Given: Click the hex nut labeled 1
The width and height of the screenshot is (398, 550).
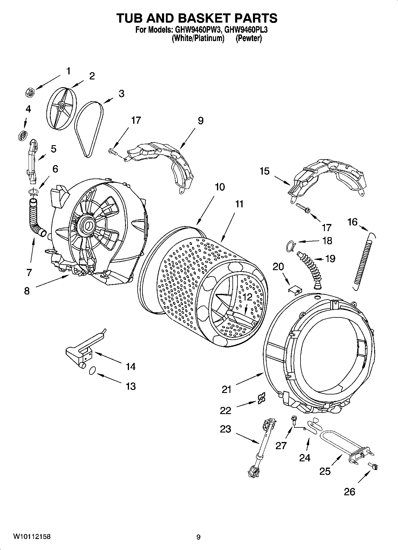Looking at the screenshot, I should coord(30,93).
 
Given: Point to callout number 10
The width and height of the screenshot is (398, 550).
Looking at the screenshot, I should coord(220,187).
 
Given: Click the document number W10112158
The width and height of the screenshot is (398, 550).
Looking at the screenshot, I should coord(32,537).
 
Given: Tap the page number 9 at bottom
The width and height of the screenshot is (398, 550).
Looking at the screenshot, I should coord(199,537).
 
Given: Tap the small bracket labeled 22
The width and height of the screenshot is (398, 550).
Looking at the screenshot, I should coord(261,398).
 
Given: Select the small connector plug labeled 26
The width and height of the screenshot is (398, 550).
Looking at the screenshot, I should coord(373,466).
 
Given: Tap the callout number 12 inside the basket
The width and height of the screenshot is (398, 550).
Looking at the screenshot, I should coord(247,297).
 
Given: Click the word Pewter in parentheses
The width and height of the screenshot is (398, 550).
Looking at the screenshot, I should coord(248,39).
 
